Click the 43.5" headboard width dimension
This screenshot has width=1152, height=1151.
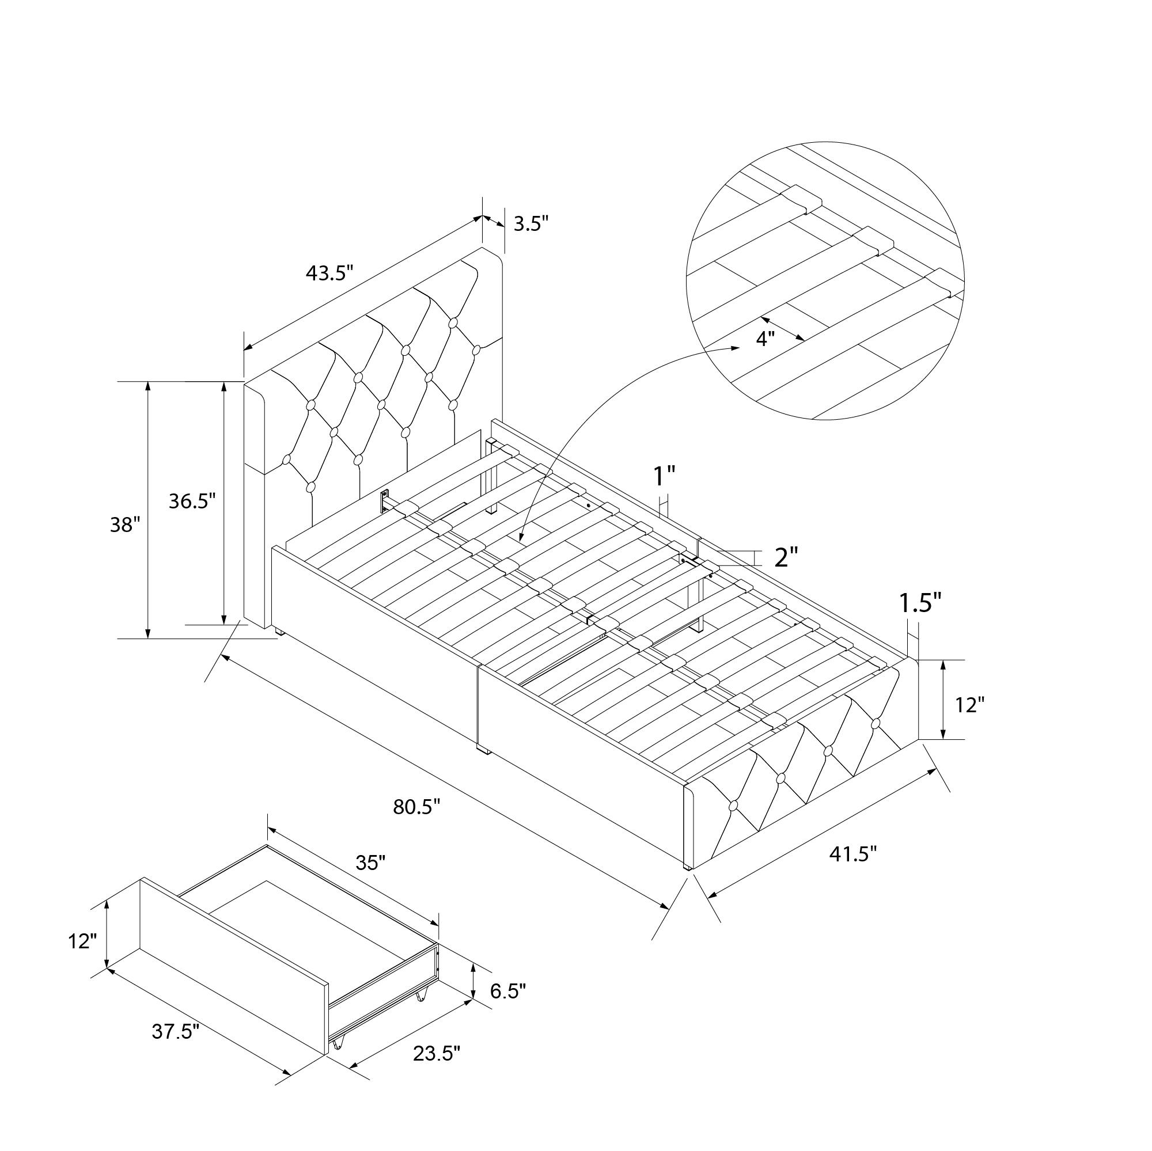click(x=329, y=273)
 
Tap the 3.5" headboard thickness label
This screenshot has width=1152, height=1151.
click(x=530, y=223)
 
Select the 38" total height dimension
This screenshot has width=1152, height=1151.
click(x=124, y=525)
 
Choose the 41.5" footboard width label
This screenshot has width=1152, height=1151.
click(x=853, y=854)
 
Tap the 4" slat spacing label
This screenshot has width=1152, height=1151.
click(x=765, y=338)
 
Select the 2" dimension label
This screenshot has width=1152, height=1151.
click(x=786, y=557)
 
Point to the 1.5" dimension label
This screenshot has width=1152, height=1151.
click(x=920, y=603)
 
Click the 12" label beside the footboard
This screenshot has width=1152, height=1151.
click(x=969, y=705)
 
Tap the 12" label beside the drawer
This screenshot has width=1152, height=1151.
click(x=82, y=942)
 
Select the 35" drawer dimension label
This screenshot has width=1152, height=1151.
click(x=371, y=862)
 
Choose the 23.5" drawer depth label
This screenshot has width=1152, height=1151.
click(x=437, y=1053)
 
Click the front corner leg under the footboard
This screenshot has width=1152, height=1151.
click(x=688, y=865)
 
